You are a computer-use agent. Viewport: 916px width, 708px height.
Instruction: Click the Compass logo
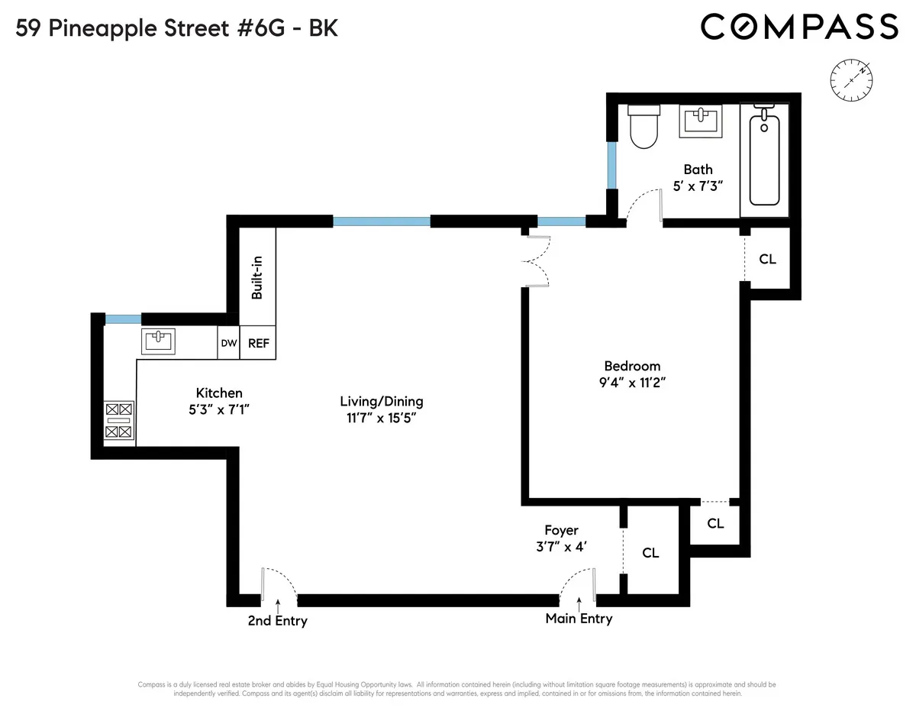coord(799,27)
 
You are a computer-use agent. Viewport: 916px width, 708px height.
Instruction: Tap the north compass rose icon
coord(851,79)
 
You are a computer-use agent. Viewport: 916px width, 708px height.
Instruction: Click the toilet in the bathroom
coord(642,127)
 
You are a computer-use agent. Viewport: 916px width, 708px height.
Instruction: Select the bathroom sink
coord(701,122)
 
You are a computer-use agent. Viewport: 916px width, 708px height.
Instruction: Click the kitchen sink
coord(158,341)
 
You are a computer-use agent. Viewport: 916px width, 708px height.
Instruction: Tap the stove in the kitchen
coord(119,421)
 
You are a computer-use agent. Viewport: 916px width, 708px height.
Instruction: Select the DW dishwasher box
coord(228,344)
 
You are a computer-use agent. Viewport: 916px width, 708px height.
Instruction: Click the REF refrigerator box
coord(258,344)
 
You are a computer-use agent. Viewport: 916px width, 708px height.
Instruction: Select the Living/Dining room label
coord(382,401)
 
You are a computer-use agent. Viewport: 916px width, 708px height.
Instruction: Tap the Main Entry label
coord(579,619)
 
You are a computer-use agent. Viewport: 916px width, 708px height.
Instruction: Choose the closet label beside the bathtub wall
coord(767,259)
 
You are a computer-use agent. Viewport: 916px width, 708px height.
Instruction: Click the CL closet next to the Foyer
coord(650,553)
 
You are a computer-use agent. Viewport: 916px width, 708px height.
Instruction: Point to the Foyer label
coord(561,530)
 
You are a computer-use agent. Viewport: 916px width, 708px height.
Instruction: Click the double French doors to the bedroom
coord(538,261)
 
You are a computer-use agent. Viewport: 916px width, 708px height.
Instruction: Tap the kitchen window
coord(123,319)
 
